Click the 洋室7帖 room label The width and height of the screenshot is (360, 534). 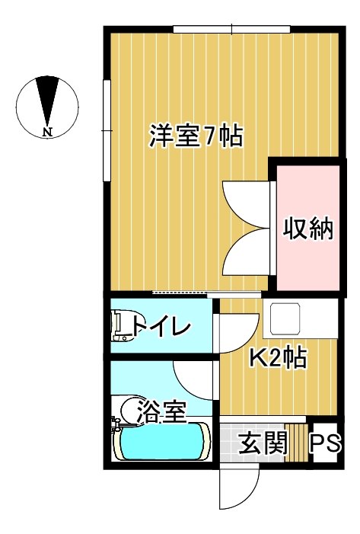(196, 136)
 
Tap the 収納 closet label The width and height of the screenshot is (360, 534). (308, 229)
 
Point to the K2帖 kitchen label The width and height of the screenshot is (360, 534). (279, 357)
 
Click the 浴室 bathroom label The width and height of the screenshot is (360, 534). (162, 412)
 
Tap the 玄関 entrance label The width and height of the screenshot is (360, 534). (263, 443)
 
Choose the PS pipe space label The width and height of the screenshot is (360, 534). (325, 443)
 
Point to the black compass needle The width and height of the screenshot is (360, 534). (47, 100)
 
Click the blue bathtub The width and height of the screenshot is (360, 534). (162, 441)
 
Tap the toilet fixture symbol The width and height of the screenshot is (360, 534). (124, 325)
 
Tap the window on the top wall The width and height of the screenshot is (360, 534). (231, 29)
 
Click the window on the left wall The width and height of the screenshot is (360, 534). (107, 130)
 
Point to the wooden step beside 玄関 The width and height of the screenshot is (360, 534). (296, 443)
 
